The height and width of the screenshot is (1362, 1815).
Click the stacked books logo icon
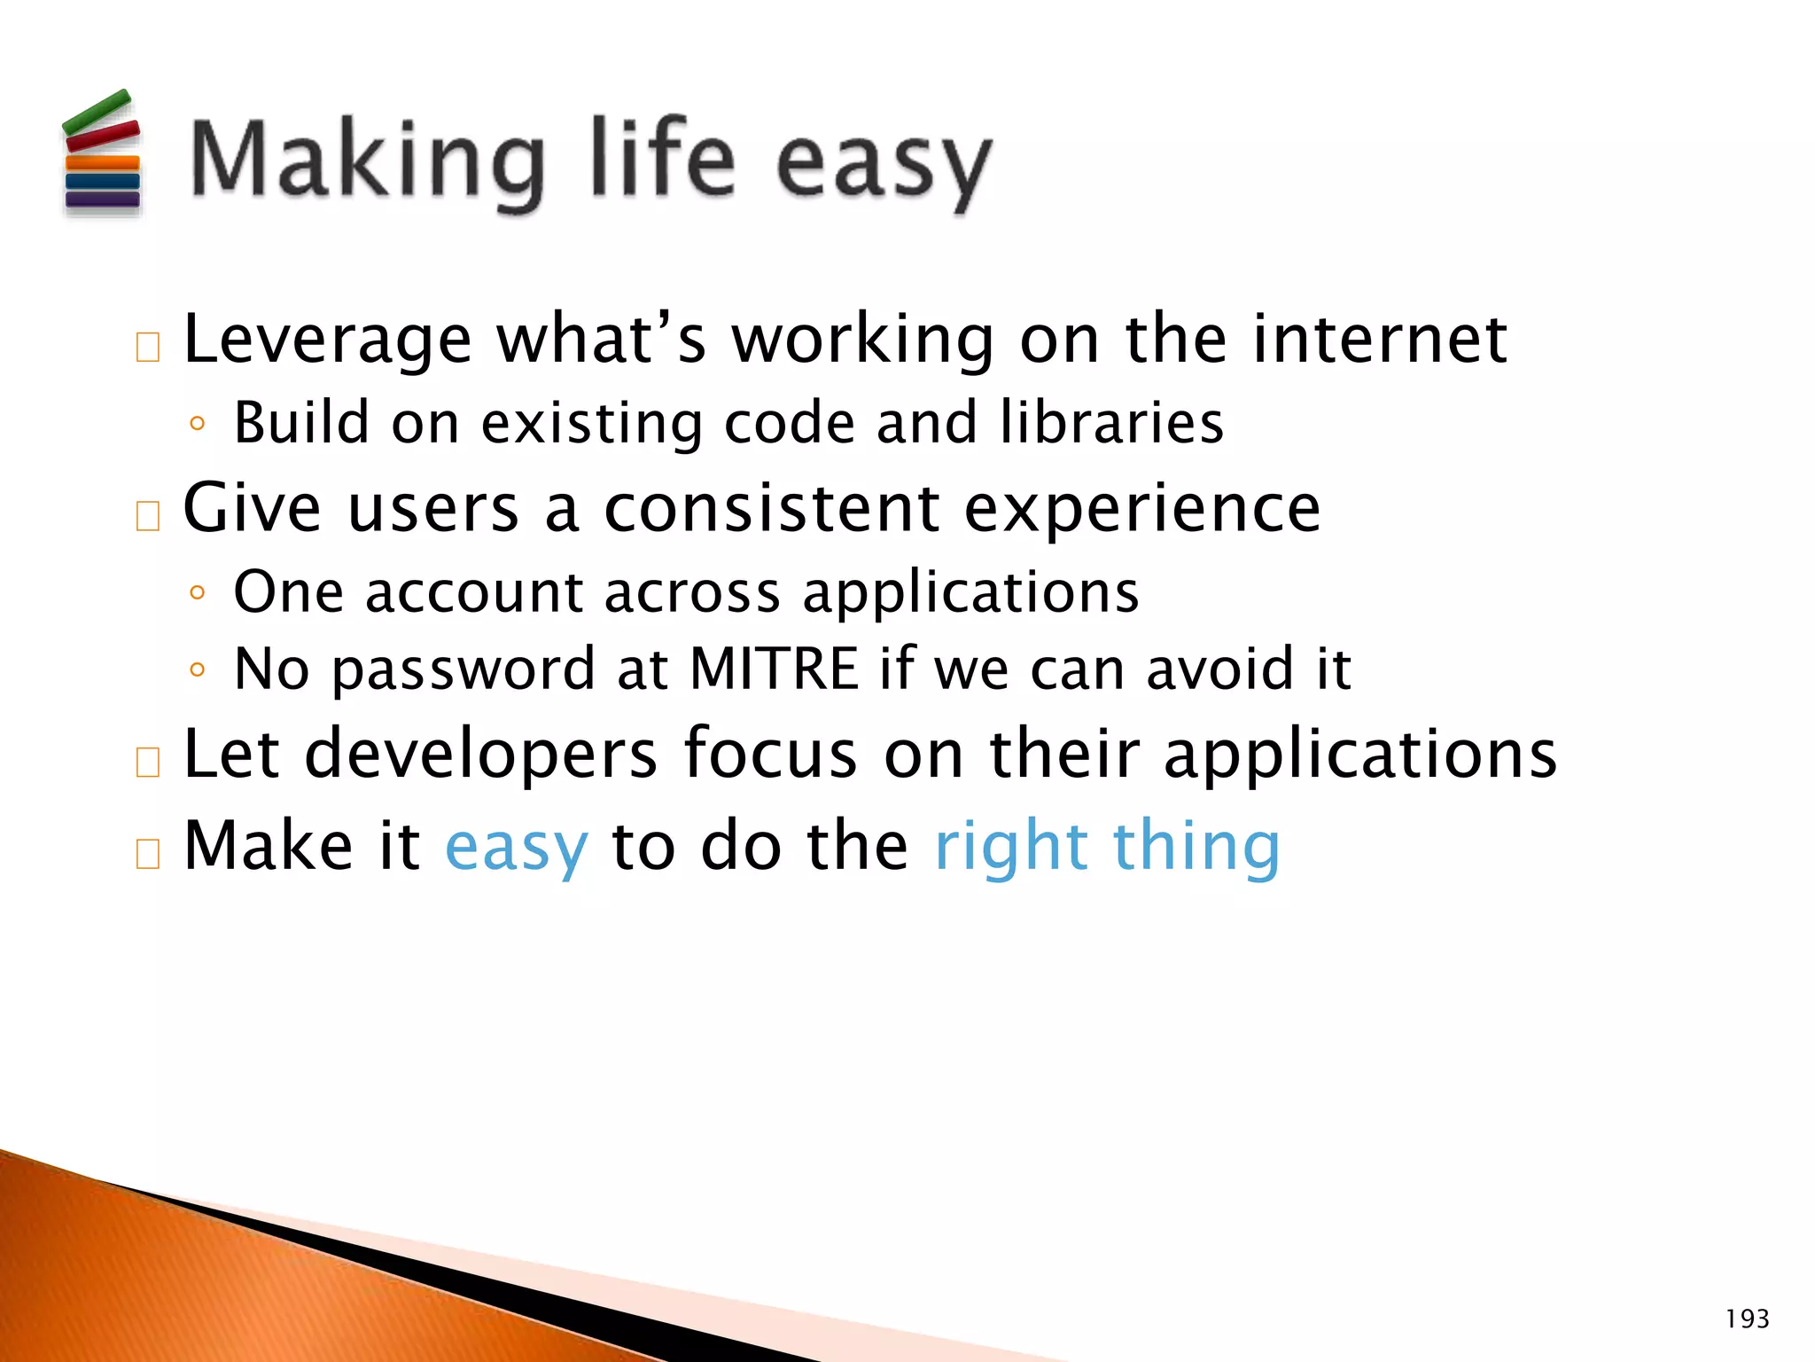point(101,153)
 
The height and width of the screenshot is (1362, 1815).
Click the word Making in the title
point(366,161)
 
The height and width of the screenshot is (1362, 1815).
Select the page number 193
point(1747,1319)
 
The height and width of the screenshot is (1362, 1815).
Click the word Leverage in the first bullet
point(327,340)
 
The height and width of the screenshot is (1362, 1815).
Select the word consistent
point(771,509)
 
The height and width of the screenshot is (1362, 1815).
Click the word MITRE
point(774,669)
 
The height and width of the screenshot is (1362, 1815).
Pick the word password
point(463,670)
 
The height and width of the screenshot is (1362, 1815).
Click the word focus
point(770,754)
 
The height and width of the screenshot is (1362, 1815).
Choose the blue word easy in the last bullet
point(516,849)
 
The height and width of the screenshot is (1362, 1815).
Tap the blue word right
point(1011,849)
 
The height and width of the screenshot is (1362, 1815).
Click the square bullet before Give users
point(148,515)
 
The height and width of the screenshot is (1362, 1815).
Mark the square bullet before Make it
point(148,853)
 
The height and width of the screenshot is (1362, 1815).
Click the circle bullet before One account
point(198,592)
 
